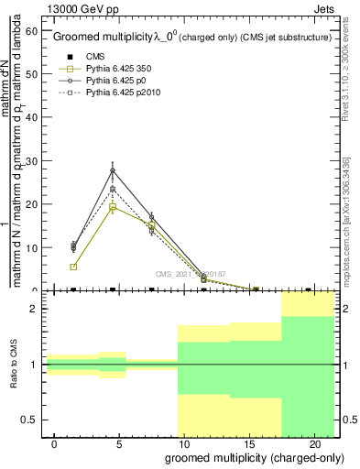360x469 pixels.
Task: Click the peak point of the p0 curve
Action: click(113, 170)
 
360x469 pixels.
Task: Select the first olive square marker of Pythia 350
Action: click(73, 267)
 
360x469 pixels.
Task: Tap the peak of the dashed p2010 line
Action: click(113, 190)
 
